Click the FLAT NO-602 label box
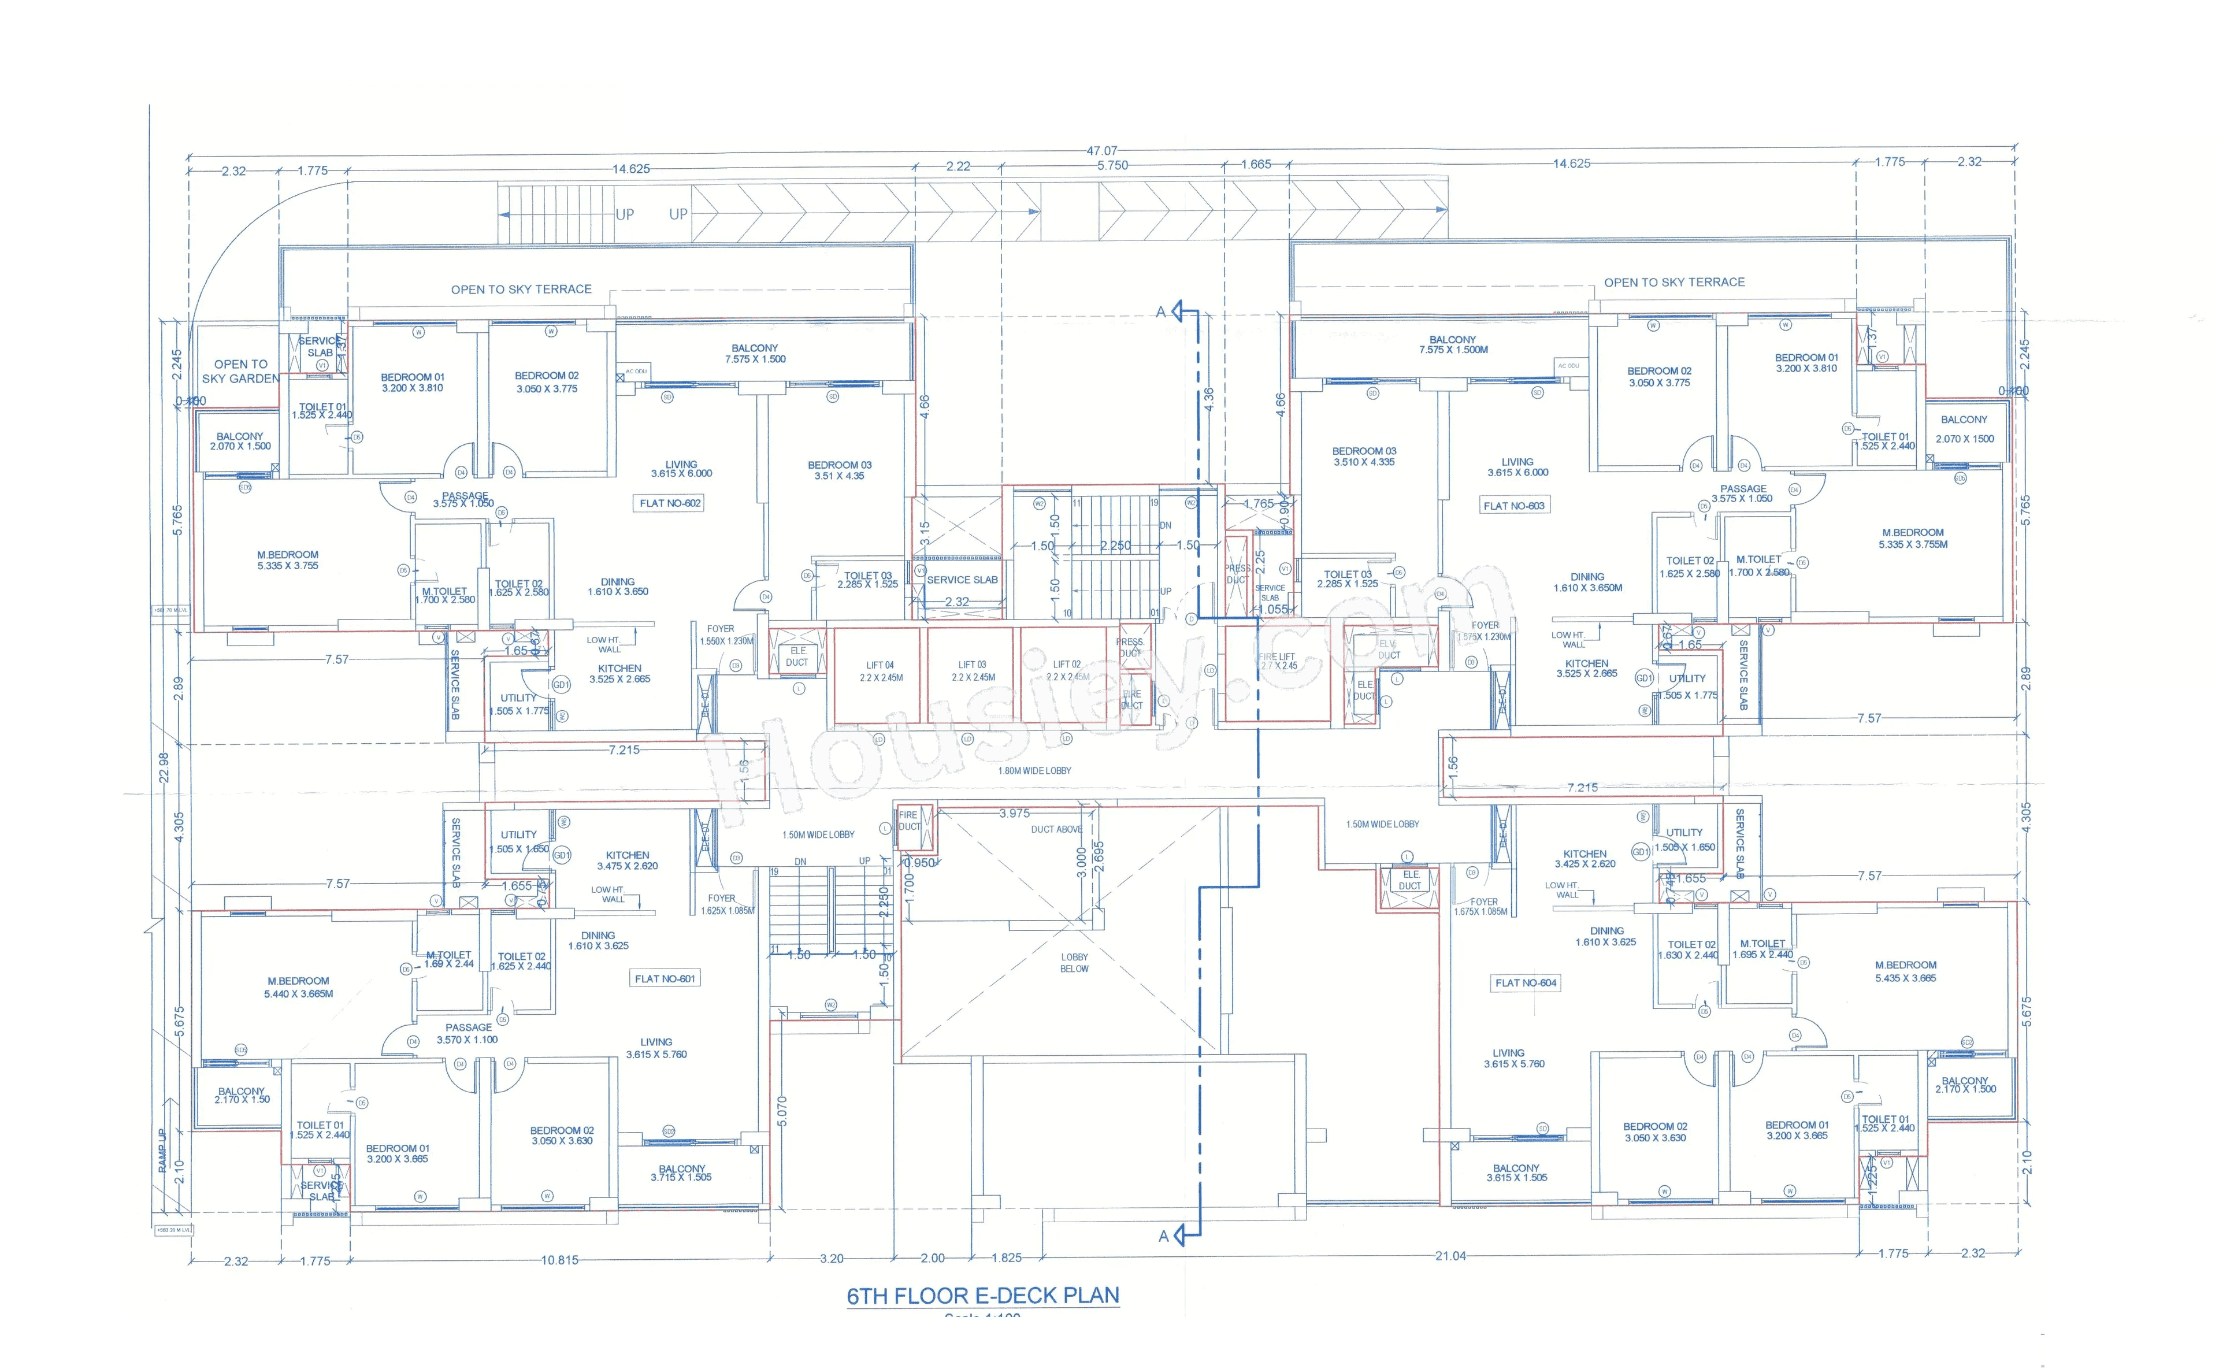(670, 503)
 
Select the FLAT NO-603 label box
(1514, 506)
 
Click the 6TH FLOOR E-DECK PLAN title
(982, 1296)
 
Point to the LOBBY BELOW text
(1075, 963)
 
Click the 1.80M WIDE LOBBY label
(1034, 770)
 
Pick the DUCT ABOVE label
(1056, 829)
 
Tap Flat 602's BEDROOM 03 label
(839, 470)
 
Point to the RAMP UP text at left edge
(162, 1150)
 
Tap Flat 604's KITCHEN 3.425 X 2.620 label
(1585, 858)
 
